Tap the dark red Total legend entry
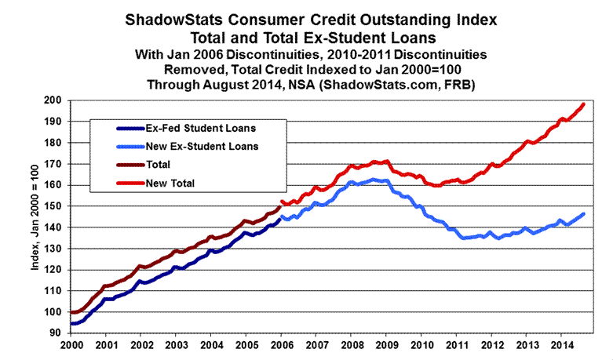tap(159, 165)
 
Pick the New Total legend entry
tap(170, 184)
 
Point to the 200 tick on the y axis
tap(53, 101)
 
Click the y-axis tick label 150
tap(53, 206)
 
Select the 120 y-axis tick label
tap(53, 269)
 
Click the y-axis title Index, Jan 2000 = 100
tap(33, 216)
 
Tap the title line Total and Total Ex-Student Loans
tap(306, 37)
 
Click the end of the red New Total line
tap(584, 104)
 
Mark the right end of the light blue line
tap(584, 213)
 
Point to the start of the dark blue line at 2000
tap(71, 323)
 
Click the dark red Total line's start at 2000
tap(71, 312)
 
